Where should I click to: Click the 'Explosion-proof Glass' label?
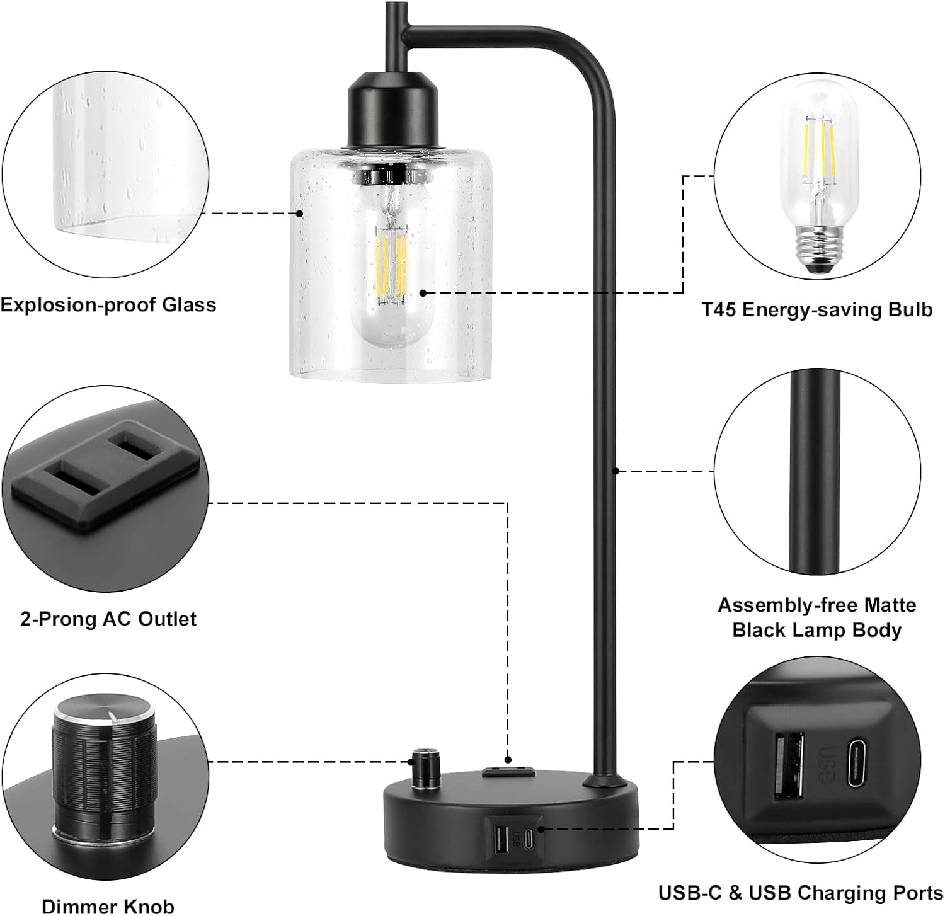(108, 305)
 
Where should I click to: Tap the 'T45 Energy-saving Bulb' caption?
(816, 310)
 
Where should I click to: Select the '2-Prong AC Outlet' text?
(108, 619)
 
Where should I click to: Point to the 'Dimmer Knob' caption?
(108, 907)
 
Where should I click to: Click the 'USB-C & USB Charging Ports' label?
(800, 893)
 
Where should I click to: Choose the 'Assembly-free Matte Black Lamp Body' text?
(816, 617)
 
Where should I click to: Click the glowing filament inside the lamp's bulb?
(392, 265)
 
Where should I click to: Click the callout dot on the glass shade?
(300, 214)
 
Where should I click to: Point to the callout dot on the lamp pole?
(616, 470)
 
